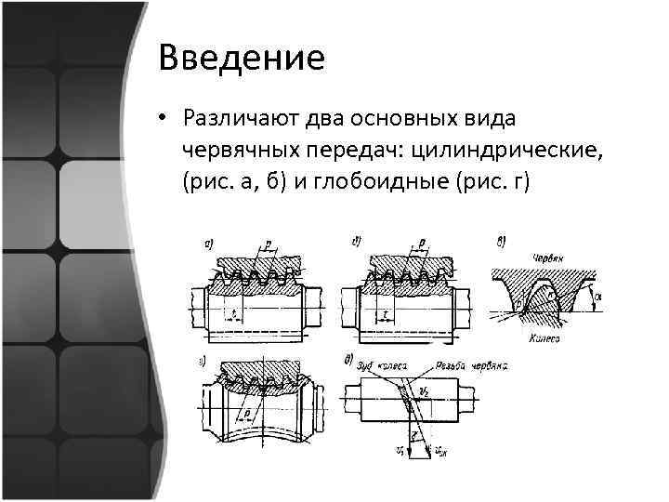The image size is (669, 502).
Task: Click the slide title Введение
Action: point(242,58)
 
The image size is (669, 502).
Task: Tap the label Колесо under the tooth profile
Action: point(547,340)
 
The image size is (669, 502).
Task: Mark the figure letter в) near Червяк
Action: point(502,244)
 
